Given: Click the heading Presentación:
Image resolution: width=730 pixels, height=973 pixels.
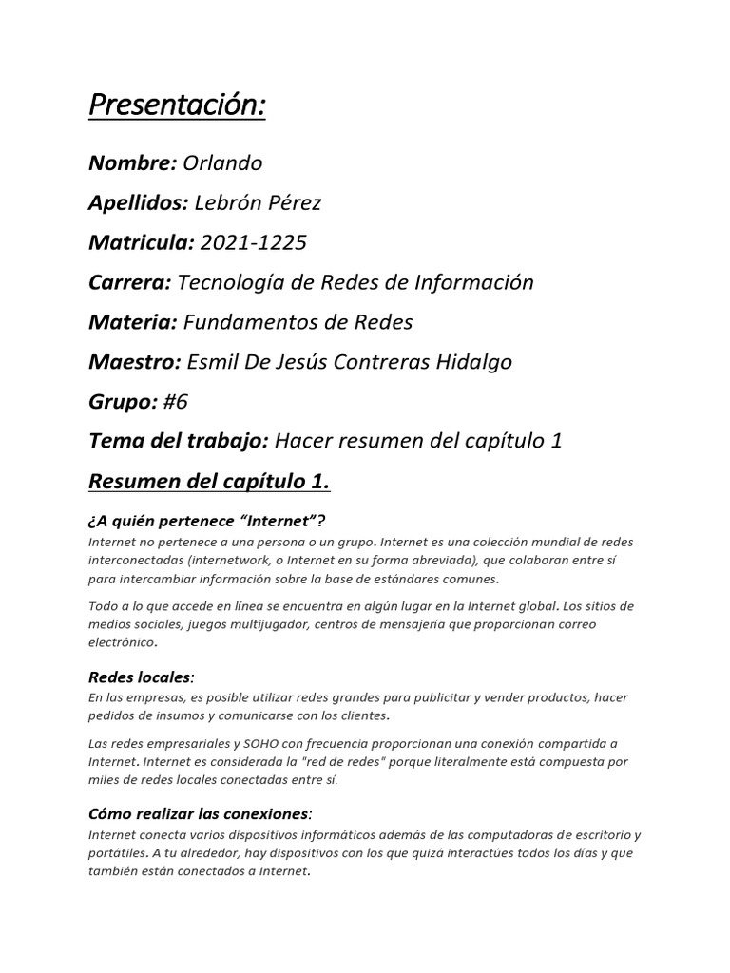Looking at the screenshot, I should point(177,106).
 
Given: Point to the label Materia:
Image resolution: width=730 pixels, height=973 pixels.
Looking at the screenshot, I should point(132,322).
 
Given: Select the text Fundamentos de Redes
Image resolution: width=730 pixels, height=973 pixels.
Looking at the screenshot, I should point(298,322).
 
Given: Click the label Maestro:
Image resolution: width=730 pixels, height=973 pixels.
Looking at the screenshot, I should point(134,362).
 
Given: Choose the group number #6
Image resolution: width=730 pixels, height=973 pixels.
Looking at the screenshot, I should point(176,402).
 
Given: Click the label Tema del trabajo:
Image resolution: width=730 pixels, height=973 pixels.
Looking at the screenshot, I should point(180,442).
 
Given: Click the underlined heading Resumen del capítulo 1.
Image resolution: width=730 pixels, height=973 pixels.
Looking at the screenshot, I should point(209,482).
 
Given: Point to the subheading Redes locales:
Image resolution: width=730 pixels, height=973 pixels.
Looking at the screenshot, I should point(141,677).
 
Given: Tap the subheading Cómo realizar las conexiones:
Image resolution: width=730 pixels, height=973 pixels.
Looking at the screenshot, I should point(200,814).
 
